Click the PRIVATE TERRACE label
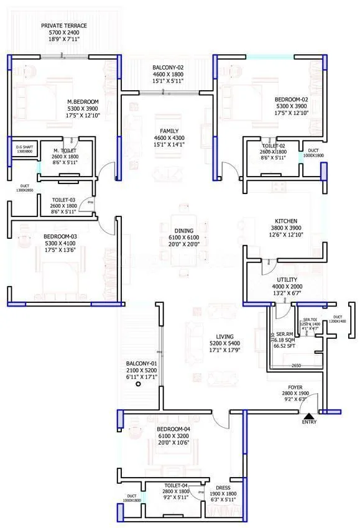(x=64, y=25)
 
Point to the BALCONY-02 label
(x=167, y=67)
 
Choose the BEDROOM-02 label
(x=292, y=99)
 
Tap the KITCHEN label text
(x=286, y=221)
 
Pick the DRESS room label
(x=223, y=488)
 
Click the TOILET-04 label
(x=177, y=485)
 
